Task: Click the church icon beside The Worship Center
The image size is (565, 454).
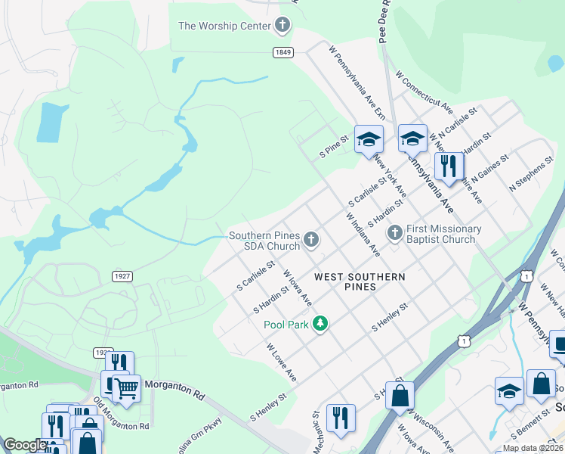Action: pos(282,26)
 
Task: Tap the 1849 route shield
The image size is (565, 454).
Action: pos(283,51)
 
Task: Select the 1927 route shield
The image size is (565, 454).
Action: pos(123,276)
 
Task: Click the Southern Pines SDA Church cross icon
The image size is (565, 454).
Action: pos(311,241)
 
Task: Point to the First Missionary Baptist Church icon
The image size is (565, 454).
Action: pos(394,234)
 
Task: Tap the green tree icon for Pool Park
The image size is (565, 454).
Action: pos(321,324)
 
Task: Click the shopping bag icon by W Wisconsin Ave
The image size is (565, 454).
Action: pos(400,394)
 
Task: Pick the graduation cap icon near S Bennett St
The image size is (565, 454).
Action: pos(510,390)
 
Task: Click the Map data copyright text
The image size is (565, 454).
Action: pos(533,448)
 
